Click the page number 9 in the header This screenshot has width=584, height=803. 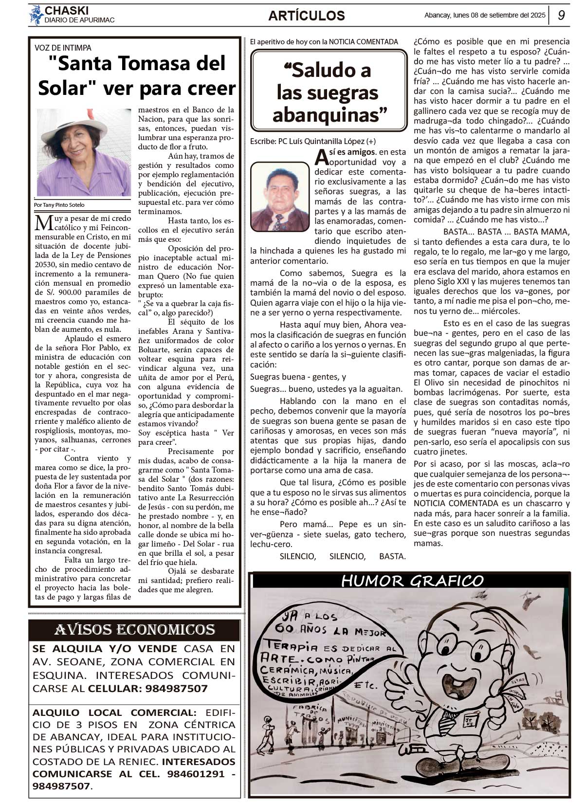(561, 16)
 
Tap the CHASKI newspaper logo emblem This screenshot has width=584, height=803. (36, 15)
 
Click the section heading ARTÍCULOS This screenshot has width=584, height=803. (306, 16)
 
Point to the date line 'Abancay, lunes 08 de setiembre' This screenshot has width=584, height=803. (485, 15)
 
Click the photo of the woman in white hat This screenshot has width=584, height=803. (84, 152)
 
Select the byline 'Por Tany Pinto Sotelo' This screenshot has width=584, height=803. (60, 205)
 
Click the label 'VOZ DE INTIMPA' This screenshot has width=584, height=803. (63, 48)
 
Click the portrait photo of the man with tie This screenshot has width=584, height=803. (279, 196)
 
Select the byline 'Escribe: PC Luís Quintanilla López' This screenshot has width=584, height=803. (312, 141)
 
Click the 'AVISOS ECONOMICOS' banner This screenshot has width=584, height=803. (135, 630)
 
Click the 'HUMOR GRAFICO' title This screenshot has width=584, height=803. (412, 581)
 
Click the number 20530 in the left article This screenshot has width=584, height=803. (46, 264)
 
